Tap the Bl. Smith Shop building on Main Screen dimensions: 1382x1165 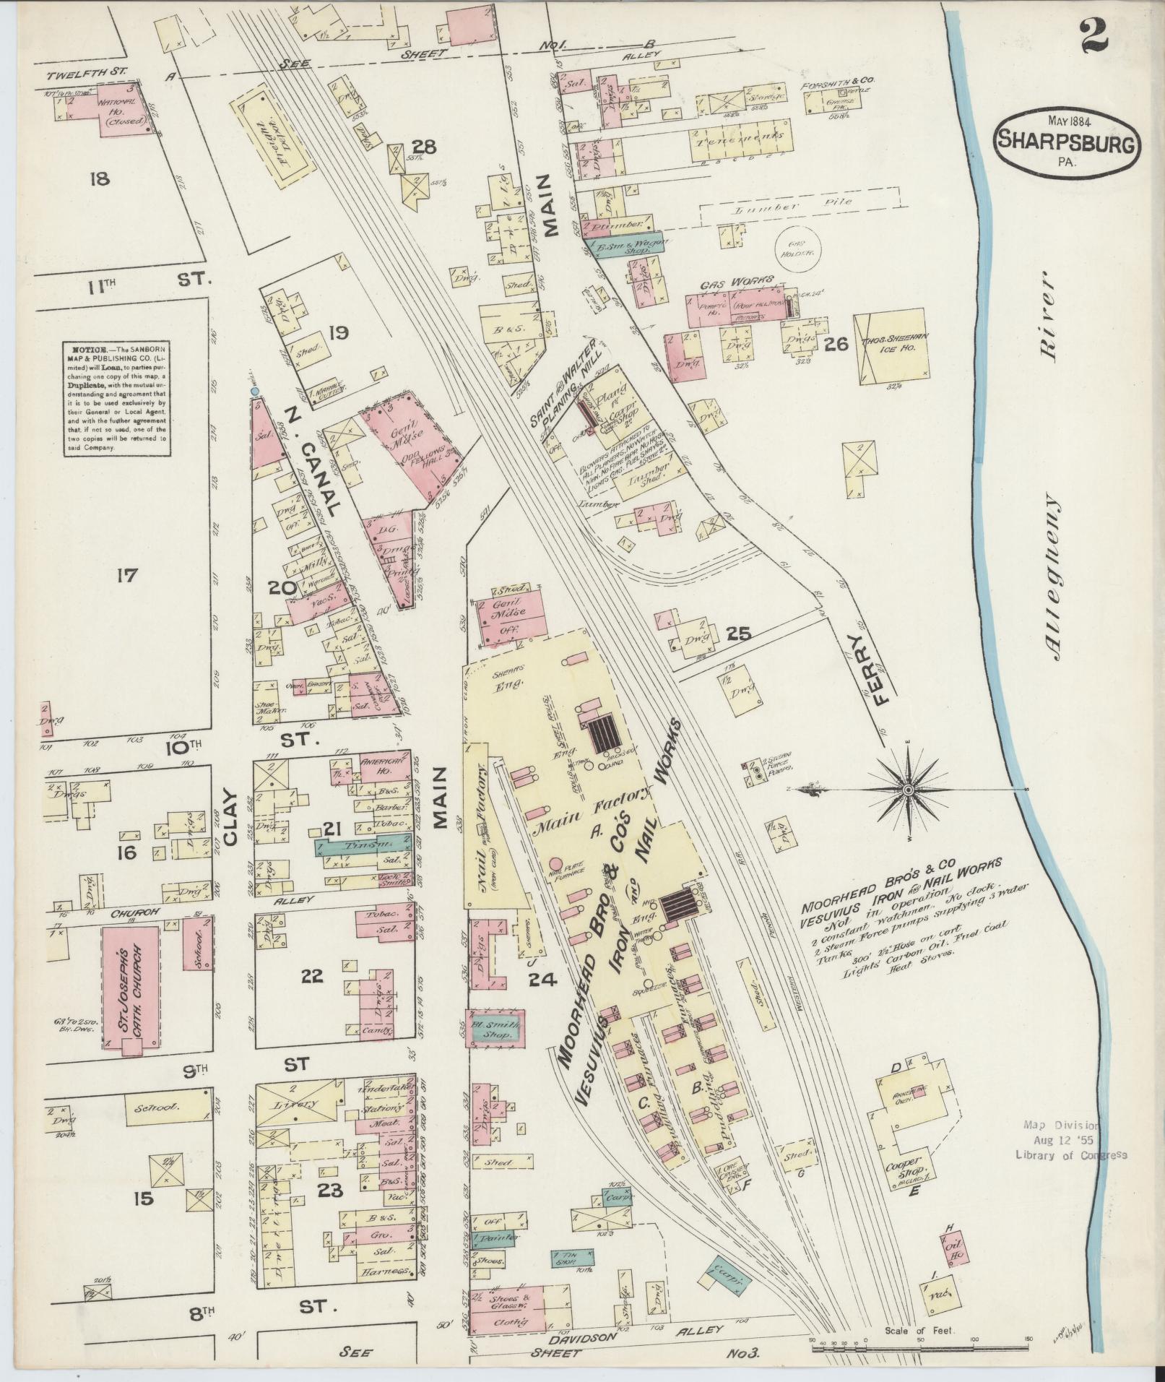[x=494, y=1029]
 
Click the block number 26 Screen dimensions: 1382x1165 [x=836, y=344]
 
